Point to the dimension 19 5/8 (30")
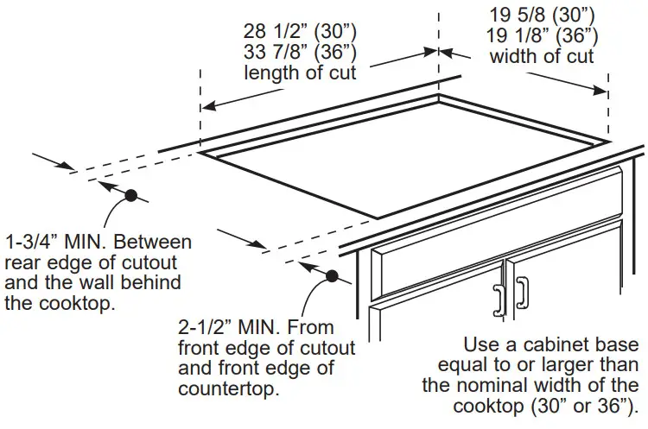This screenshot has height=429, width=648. click(542, 16)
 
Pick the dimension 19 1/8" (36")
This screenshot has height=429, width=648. click(542, 36)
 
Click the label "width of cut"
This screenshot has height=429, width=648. click(542, 57)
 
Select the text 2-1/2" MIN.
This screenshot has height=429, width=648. click(229, 328)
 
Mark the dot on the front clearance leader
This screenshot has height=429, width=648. click(332, 276)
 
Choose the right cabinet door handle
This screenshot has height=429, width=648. click(521, 294)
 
